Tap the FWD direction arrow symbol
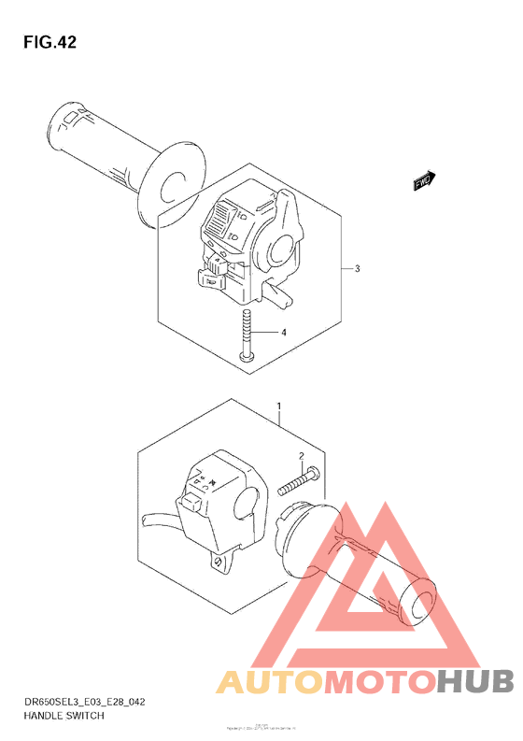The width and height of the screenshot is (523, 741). click(x=424, y=180)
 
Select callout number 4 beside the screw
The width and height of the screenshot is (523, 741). click(x=284, y=333)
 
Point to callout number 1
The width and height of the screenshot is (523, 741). click(x=278, y=406)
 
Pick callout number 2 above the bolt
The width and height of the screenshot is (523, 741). click(x=302, y=456)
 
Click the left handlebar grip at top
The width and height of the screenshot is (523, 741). click(x=103, y=150)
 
